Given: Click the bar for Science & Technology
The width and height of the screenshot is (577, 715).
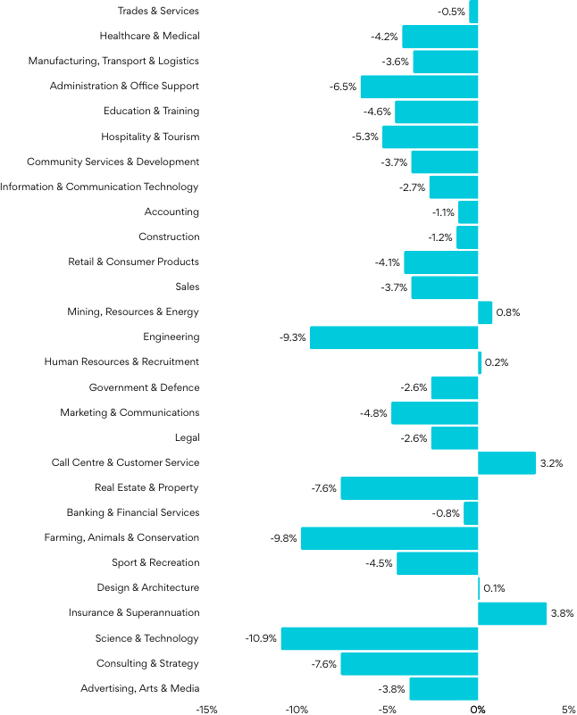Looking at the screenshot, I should pos(380,638).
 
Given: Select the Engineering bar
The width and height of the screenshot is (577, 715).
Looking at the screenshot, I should pos(394,337).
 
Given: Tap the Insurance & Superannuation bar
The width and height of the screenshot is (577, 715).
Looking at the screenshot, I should pos(512,613).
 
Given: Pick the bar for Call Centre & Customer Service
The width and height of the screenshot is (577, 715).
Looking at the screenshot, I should pos(506,462).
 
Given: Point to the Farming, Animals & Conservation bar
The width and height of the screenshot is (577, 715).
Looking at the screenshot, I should pos(389,538).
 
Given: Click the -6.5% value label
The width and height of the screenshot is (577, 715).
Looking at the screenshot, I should pos(343,87).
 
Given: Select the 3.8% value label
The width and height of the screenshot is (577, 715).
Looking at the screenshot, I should pos(562,613).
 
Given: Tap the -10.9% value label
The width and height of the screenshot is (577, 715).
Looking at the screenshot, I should pos(261,638).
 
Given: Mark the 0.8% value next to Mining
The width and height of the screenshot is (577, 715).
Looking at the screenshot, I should pos(508,312).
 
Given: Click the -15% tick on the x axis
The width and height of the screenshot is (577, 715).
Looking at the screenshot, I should pos(206,709).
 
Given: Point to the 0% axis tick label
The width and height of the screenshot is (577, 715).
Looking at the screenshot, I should pos(478,709).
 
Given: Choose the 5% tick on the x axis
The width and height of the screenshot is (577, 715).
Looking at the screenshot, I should pos(569,709).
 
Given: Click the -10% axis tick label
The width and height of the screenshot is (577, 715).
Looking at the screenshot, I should pos(297,709).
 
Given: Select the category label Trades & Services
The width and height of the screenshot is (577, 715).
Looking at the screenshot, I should pos(158,11).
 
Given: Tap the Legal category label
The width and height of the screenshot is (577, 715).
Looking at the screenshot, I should pos(188,437).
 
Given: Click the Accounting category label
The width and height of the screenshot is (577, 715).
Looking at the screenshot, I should pos(171,212).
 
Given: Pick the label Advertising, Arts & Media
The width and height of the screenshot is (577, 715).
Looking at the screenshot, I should pos(139,688).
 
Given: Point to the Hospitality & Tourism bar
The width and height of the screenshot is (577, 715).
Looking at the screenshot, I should pos(430,137).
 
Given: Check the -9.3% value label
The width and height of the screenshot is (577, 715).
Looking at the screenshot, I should pos(292,337).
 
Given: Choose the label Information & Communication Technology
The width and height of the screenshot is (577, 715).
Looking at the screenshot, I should pos(99,187).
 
